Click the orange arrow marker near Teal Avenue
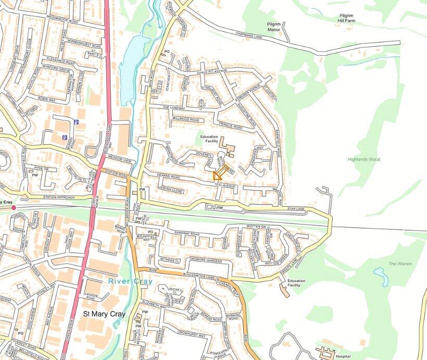[220, 173]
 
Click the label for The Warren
[400, 264]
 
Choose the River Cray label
[131, 282]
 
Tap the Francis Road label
[231, 127]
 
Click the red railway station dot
[14, 207]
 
